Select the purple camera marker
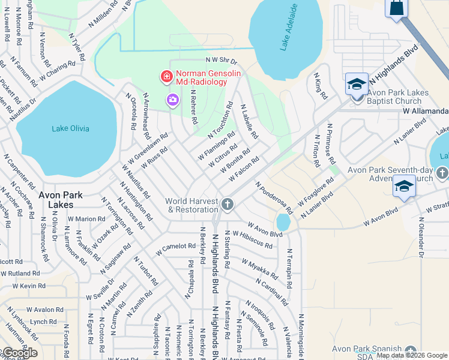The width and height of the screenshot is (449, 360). point(173,100)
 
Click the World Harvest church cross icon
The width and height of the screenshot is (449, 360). point(227,205)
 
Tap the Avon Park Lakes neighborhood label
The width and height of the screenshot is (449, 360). point(65,199)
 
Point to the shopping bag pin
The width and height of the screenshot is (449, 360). point(397,8)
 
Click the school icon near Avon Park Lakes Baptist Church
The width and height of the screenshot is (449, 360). point(357,85)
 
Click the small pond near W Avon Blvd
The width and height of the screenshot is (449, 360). point(283,222)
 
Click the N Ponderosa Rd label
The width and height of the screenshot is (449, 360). point(274,198)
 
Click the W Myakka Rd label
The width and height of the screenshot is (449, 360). point(260,269)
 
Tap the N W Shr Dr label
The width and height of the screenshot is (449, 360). point(221,61)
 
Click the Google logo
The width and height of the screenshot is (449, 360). point(19,352)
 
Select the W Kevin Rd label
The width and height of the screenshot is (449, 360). point(25,286)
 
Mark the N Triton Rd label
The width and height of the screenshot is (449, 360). point(316,151)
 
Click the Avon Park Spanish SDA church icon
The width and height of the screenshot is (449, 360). point(411,351)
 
